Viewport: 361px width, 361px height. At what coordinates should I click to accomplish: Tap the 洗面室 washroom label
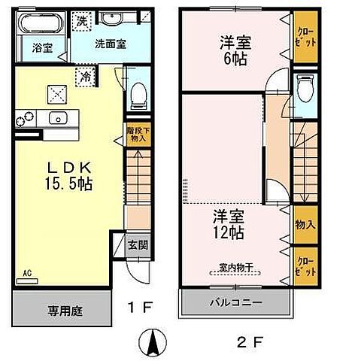pyautogui.click(x=110, y=44)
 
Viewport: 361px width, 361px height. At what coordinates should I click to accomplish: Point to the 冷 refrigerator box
pyautogui.click(x=87, y=75)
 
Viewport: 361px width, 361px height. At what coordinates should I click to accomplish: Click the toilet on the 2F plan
pyautogui.click(x=304, y=91)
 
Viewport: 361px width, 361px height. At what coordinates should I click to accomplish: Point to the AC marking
pyautogui.click(x=26, y=274)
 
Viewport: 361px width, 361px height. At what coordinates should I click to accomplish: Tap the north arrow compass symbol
pyautogui.click(x=155, y=344)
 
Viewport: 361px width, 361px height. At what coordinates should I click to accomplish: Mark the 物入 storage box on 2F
pyautogui.click(x=304, y=224)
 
